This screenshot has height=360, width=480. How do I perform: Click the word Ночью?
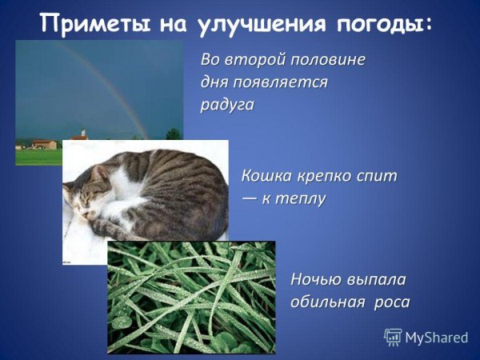tap(317, 280)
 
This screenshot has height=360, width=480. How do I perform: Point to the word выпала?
tap(377, 280)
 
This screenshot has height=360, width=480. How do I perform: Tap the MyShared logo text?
tap(436, 338)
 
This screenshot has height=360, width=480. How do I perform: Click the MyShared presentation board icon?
tap(393, 337)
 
